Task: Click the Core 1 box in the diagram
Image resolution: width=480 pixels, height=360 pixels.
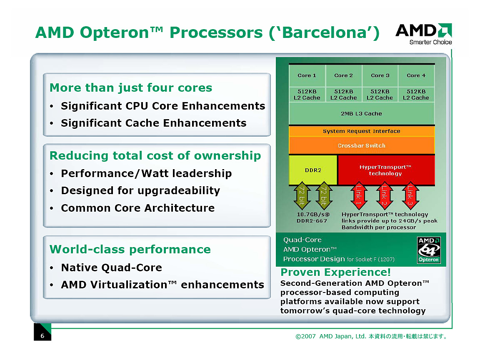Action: pos(307,75)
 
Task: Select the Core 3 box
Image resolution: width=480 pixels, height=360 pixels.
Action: pos(380,75)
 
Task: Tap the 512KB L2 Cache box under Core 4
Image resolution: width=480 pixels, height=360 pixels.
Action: pos(416,95)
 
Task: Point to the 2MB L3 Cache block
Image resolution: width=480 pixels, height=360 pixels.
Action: pos(361,113)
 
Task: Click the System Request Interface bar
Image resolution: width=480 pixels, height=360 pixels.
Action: pos(361,131)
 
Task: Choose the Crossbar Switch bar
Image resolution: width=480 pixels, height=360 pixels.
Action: pos(361,146)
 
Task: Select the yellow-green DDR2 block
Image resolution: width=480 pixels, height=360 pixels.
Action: pos(313,170)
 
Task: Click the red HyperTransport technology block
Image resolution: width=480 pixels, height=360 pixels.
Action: pos(385,170)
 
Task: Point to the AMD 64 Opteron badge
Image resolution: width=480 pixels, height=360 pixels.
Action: pos(429,250)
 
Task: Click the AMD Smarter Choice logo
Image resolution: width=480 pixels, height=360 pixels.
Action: pos(424,34)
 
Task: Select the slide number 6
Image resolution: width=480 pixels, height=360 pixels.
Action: pos(42,336)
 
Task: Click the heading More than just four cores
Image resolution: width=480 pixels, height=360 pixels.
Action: pos(131,88)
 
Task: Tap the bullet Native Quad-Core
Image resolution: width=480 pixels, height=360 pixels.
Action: pos(111,267)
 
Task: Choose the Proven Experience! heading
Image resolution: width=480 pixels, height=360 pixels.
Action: pos(335,272)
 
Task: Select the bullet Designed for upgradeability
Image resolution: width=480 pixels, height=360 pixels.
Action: pos(140,191)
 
